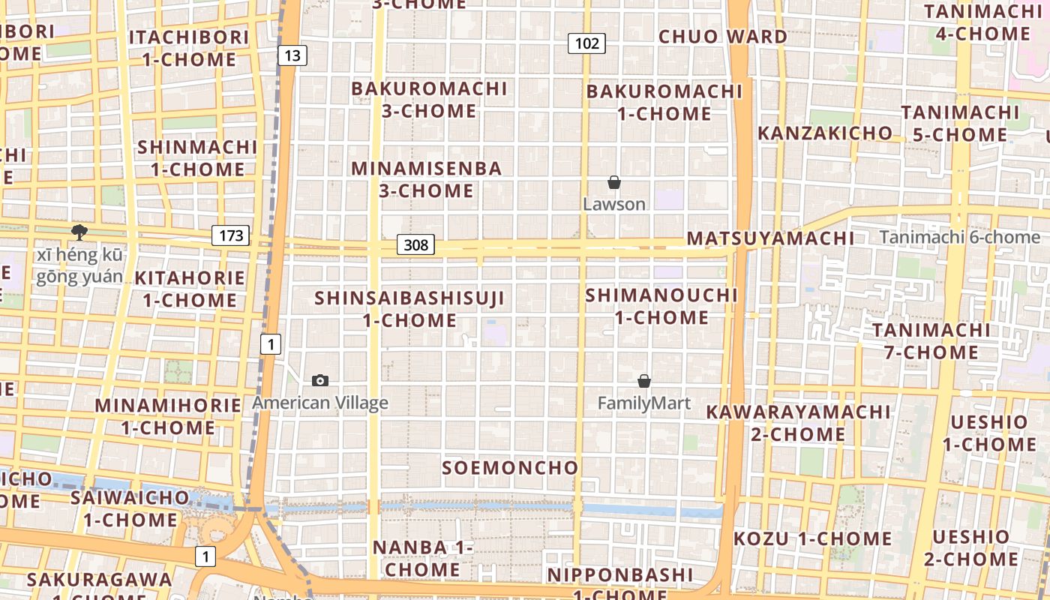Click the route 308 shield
(x=415, y=244)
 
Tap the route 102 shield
(x=586, y=43)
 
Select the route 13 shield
(x=292, y=55)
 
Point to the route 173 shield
(x=230, y=235)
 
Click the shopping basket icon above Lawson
(x=614, y=182)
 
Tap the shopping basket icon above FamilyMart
(x=643, y=381)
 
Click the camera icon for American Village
(x=320, y=380)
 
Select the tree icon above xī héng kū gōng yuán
(x=79, y=232)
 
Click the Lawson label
(x=614, y=204)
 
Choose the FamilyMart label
(x=643, y=403)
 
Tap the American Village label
(x=320, y=403)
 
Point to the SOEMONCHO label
(x=510, y=468)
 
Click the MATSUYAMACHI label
(x=770, y=238)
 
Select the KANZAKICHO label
(x=825, y=133)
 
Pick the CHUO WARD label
(x=723, y=37)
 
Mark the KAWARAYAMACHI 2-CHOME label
(x=798, y=423)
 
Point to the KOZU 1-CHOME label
(x=812, y=538)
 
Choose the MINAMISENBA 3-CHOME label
(x=426, y=179)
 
